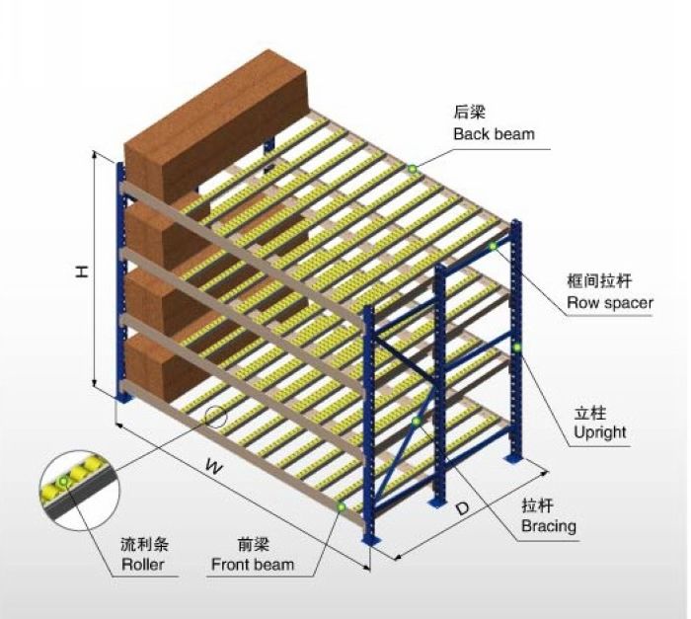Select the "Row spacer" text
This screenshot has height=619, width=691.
609,303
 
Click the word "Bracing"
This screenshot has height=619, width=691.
548,526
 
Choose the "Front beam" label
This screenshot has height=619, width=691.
252,566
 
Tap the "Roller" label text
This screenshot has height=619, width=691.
143,566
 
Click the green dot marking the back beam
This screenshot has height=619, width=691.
412,169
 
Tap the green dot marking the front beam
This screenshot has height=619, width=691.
341,507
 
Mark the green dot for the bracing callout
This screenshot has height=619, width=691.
417,423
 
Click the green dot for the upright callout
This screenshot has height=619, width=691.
516,347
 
